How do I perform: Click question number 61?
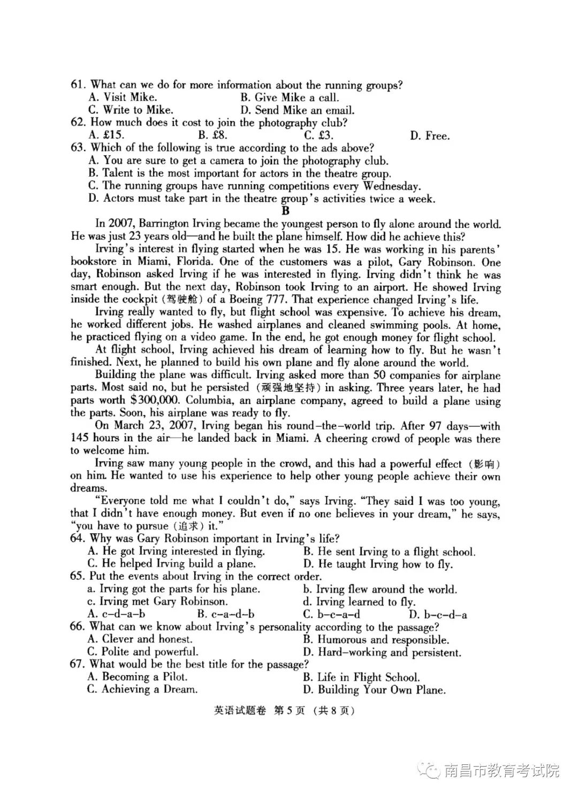[78, 85]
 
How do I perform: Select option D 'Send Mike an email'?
[298, 110]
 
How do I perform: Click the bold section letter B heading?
[285, 211]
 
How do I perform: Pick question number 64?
[78, 538]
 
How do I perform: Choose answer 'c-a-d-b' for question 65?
[225, 614]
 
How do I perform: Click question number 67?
[78, 664]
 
